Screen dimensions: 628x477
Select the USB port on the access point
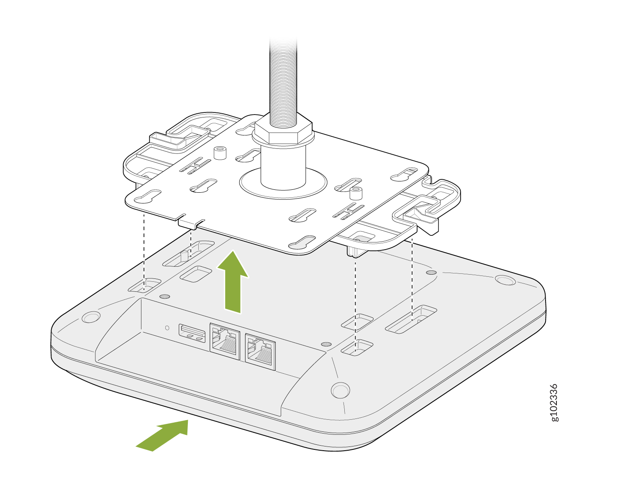[x=192, y=333]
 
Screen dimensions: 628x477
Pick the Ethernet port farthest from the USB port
[x=260, y=352]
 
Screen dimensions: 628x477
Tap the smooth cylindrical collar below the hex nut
[x=283, y=167]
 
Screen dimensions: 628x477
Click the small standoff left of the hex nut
[x=219, y=153]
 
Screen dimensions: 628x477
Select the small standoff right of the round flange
[x=356, y=194]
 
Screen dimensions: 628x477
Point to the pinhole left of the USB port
[x=167, y=328]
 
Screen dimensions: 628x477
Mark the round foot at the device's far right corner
[x=505, y=280]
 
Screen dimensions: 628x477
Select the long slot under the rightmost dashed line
[x=411, y=319]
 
